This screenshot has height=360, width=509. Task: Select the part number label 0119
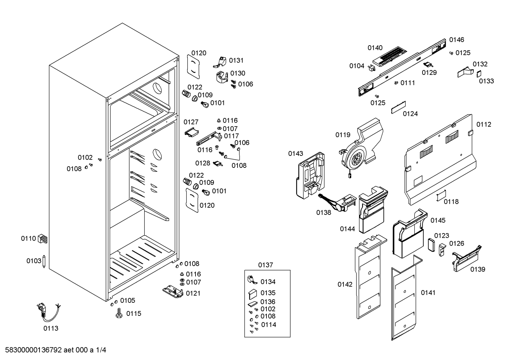343,135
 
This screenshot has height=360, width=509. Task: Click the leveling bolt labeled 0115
119,313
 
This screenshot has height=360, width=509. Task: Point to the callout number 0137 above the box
265,265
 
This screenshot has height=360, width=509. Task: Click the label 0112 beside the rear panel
484,124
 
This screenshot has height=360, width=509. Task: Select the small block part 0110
42,238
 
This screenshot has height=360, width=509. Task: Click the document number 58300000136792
34,350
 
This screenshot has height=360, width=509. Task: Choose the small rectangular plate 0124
398,107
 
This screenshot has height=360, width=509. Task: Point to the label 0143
296,154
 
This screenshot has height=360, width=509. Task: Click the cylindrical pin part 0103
44,261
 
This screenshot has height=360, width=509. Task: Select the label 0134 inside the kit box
268,282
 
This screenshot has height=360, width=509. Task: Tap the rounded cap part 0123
431,245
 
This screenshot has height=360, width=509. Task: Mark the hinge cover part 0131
220,62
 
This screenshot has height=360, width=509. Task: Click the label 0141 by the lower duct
428,293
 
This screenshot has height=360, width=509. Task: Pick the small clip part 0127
192,132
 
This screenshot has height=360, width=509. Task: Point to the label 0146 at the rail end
456,40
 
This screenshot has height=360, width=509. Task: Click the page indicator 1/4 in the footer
101,350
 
